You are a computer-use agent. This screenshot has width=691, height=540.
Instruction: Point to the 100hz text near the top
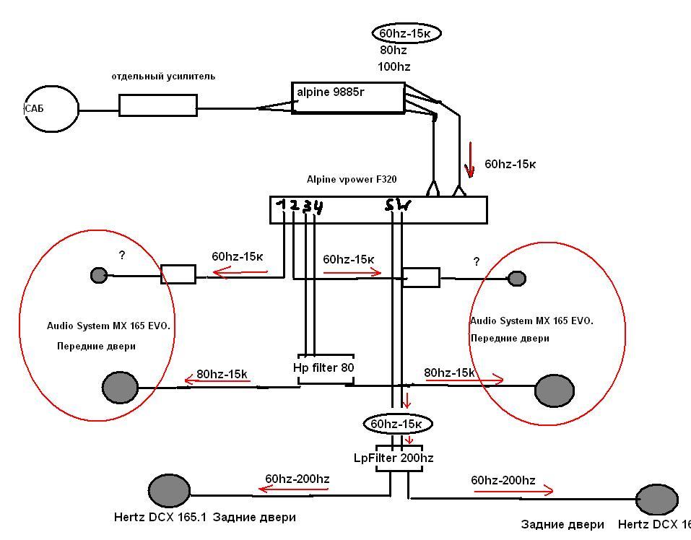tap(394, 67)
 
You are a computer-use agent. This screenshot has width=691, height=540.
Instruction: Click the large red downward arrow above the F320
tap(470, 160)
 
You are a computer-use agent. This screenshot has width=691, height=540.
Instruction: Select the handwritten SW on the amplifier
tap(398, 205)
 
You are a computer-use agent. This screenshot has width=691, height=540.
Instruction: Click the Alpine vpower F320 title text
tap(352, 179)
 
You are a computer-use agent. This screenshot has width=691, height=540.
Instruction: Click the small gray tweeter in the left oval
tap(99, 275)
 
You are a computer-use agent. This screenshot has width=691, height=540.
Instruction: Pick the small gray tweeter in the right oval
tap(517, 279)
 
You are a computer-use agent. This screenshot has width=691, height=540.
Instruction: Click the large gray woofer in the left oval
tap(120, 387)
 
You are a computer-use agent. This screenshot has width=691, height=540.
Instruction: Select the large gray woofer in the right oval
tap(555, 391)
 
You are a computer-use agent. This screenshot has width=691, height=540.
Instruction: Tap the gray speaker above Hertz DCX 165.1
tap(169, 491)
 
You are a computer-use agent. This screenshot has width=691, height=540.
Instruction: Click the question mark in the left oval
tap(122, 255)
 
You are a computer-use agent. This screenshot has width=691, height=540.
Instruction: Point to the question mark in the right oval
tap(477, 261)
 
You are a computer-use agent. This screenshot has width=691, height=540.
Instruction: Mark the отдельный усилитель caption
tap(163, 77)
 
